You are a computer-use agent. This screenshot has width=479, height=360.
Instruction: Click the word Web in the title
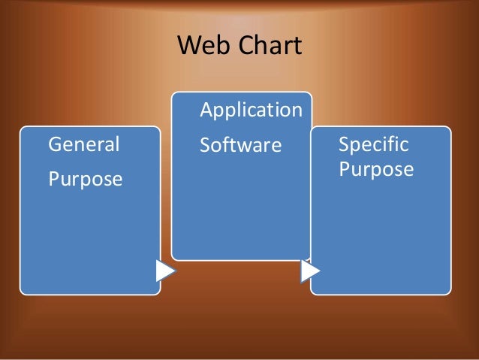pos(200,47)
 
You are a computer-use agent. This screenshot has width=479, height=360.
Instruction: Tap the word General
pos(83,144)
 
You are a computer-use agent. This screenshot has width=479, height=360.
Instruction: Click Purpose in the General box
pos(85,180)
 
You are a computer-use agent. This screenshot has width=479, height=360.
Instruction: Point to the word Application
pos(251,110)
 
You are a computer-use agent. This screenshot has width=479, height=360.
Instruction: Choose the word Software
pos(239,144)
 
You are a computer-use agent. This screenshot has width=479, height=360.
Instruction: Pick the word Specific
pos(373,144)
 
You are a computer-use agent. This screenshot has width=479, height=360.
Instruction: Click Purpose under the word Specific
pos(375,169)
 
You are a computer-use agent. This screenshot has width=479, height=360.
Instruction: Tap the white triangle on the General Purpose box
pos(165,271)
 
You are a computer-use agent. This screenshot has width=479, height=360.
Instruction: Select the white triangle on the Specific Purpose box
pos(309,271)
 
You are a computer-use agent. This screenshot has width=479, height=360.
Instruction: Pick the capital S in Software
pos(205,144)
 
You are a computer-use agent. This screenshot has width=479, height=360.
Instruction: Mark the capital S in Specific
pos(344,144)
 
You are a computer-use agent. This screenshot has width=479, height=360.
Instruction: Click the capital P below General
pos(53,180)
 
